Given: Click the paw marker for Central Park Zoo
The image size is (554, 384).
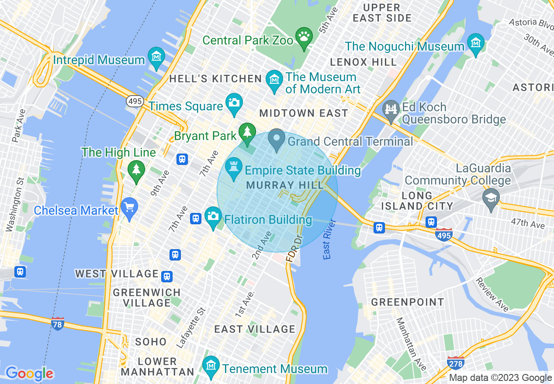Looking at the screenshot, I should click(x=304, y=36).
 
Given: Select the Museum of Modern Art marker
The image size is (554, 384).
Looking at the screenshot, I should click(x=274, y=80).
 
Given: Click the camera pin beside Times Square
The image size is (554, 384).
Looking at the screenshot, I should click(x=234, y=103).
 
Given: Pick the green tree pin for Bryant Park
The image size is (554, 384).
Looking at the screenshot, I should click(x=247, y=132).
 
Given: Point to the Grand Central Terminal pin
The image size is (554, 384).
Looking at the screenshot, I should click(x=277, y=138).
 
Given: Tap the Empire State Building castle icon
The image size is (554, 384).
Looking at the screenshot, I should click(x=233, y=168).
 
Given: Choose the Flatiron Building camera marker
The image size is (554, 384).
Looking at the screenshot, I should click(x=213, y=216).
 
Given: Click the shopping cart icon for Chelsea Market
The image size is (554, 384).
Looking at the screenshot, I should click(x=129, y=207).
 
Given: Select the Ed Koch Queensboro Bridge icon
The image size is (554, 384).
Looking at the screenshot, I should click(x=391, y=110).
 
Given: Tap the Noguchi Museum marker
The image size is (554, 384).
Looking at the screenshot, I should click(x=475, y=43).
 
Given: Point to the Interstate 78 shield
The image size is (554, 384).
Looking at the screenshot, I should click(x=58, y=324).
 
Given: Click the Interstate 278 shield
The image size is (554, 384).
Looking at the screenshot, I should click(x=455, y=363).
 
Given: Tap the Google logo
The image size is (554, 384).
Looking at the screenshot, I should click(x=29, y=374).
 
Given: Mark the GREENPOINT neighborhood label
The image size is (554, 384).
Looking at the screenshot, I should click(x=407, y=302).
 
